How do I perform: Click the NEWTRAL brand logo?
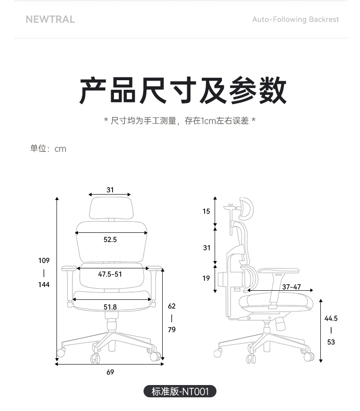click(x=50, y=20)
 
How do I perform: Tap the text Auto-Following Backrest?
click(x=295, y=20)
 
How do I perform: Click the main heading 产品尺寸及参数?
click(x=183, y=90)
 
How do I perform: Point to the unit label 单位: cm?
click(x=48, y=149)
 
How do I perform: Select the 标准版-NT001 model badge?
click(x=180, y=391)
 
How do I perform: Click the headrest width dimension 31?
click(x=110, y=190)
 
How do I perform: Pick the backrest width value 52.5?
click(x=110, y=239)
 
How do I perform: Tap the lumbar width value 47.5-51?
click(x=110, y=274)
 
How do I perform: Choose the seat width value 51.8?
click(x=110, y=307)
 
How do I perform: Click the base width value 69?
click(x=110, y=372)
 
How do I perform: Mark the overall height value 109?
click(x=44, y=260)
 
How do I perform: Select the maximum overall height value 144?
click(x=44, y=284)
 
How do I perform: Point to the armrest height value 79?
click(x=172, y=329)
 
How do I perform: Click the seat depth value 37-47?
click(x=292, y=287)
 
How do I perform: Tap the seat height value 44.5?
click(x=331, y=319)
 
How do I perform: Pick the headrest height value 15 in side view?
click(x=206, y=211)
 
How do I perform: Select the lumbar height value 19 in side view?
click(x=206, y=278)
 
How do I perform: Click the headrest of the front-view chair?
click(x=111, y=208)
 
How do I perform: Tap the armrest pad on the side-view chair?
click(x=278, y=271)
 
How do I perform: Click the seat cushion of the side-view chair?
click(x=276, y=303)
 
